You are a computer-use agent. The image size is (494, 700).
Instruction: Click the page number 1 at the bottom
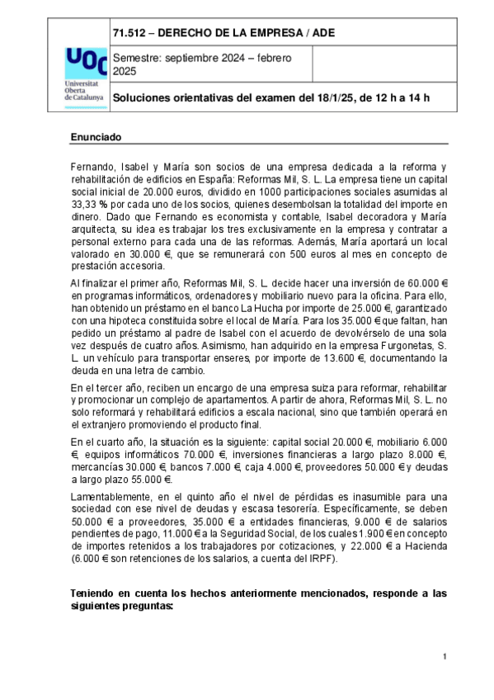[x=444, y=656]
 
